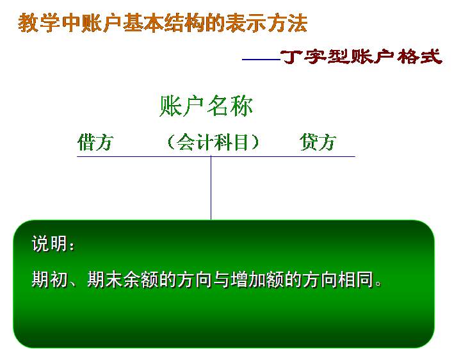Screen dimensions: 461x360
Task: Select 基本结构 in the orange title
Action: [x=164, y=23]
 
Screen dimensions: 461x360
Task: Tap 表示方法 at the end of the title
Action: [x=266, y=23]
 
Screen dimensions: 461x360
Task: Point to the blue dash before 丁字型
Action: [x=261, y=60]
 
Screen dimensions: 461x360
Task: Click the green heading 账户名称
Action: [x=206, y=106]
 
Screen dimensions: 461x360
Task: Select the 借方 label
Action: [x=95, y=142]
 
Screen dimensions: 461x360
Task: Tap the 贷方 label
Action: [x=318, y=142]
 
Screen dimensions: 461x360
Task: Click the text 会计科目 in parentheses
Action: [x=212, y=142]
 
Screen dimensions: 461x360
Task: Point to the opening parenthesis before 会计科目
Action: [x=170, y=142]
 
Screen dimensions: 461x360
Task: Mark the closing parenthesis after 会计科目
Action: [x=254, y=142]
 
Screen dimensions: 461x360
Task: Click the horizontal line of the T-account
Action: [x=216, y=156]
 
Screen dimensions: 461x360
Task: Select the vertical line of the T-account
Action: [x=211, y=188]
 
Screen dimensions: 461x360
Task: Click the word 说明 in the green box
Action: [x=49, y=243]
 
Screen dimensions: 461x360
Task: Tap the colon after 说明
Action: [x=72, y=246]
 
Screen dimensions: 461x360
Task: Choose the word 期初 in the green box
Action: [x=49, y=279]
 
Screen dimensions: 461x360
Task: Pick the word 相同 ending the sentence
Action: [x=355, y=279]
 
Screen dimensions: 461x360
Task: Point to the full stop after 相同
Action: [x=378, y=284]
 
